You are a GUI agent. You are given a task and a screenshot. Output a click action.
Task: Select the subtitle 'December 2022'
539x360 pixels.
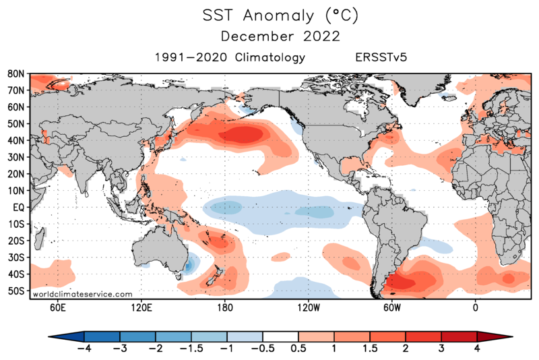(x=269, y=35)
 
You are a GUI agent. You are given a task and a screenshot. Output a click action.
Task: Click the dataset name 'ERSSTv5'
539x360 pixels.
(x=381, y=58)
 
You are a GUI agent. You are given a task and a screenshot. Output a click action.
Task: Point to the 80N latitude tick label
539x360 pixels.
(x=17, y=73)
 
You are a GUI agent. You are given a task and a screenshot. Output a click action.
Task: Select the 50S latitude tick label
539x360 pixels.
(x=17, y=291)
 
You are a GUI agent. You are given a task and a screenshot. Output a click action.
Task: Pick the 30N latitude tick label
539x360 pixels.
(x=17, y=157)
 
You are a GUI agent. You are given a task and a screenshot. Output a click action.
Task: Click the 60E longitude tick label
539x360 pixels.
(x=57, y=308)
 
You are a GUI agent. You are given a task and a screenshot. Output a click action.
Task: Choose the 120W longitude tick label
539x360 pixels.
(x=308, y=308)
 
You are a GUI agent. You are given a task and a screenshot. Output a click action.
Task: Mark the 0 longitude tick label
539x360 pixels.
(x=476, y=308)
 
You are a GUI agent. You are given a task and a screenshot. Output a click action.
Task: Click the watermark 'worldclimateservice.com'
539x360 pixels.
(x=83, y=294)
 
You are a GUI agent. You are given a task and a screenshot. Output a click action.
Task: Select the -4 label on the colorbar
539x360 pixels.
(x=84, y=349)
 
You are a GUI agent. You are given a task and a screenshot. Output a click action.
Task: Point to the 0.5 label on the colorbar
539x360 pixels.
(x=298, y=349)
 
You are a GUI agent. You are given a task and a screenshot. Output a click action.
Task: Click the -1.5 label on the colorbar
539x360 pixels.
(x=191, y=349)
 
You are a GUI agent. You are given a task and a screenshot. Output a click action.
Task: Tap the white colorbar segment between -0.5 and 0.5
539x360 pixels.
(x=280, y=336)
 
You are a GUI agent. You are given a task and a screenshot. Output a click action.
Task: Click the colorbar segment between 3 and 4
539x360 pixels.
(x=459, y=336)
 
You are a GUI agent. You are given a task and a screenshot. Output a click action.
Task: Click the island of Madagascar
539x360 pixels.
(x=40, y=236)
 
